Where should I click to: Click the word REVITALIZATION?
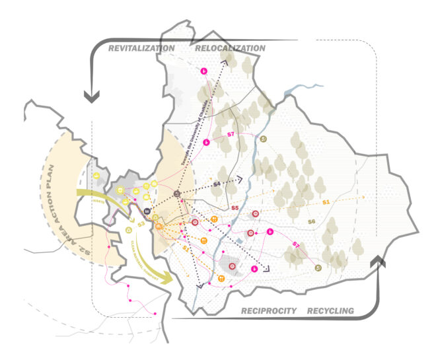(141, 48)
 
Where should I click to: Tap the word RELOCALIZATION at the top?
(230, 48)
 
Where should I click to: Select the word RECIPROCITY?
(269, 310)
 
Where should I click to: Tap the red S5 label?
(234, 208)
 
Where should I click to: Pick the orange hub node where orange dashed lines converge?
(159, 227)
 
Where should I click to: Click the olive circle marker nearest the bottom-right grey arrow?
(318, 268)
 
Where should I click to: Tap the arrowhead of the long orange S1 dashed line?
(363, 197)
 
